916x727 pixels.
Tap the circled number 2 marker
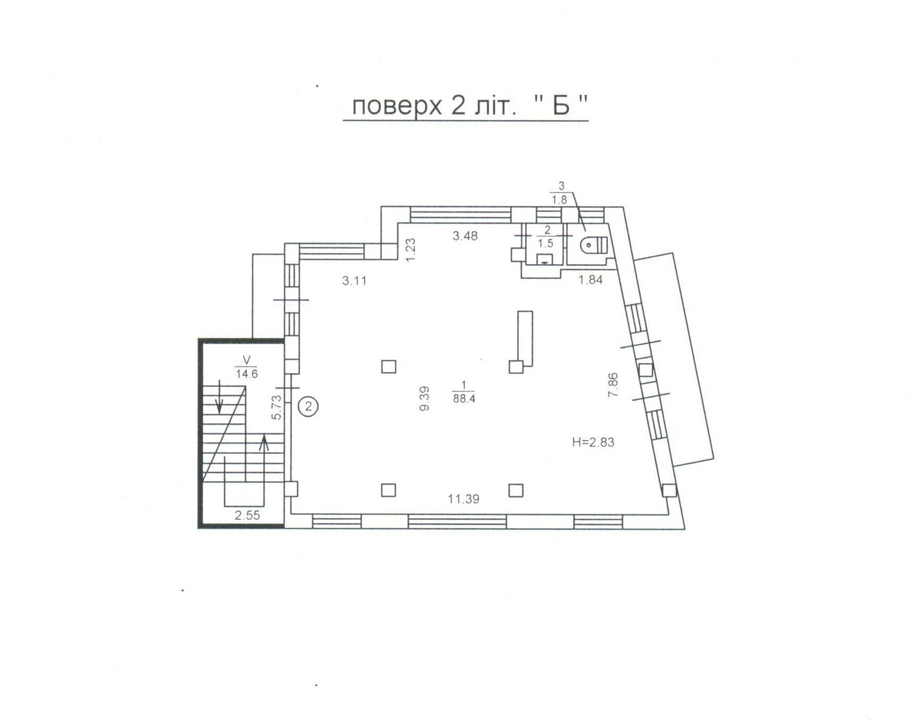click(x=309, y=406)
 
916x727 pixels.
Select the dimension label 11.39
click(x=464, y=499)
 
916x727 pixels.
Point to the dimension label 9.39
click(x=424, y=398)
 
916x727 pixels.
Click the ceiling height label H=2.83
click(x=593, y=442)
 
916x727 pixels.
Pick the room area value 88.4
click(x=464, y=399)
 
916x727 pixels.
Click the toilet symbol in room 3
click(x=593, y=245)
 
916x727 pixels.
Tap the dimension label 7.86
click(x=613, y=385)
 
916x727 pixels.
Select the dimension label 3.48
click(x=465, y=236)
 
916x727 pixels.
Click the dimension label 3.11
click(x=354, y=281)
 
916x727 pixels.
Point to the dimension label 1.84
click(x=590, y=280)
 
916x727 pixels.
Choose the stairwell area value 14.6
click(x=247, y=374)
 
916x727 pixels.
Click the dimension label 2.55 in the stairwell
click(x=247, y=516)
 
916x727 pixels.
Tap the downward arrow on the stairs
click(x=219, y=396)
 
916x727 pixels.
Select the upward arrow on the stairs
click(x=264, y=458)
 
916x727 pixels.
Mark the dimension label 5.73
click(x=276, y=408)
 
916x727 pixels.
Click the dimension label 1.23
click(x=410, y=250)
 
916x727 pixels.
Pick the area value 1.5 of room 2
click(x=546, y=244)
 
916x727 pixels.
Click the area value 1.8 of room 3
click(x=560, y=199)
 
